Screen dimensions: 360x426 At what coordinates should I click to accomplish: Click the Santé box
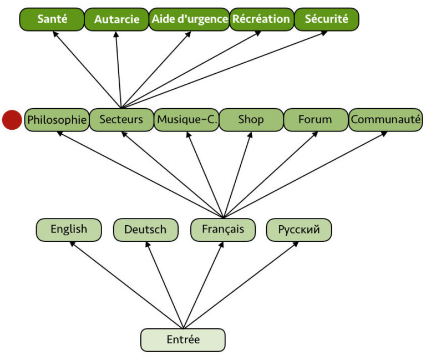click(x=52, y=19)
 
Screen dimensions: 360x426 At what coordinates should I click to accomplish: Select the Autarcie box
click(x=116, y=19)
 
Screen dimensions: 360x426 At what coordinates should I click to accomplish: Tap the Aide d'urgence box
click(x=189, y=19)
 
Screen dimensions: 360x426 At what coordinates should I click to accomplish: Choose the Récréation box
click(x=261, y=19)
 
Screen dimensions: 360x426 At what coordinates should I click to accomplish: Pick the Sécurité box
click(x=327, y=19)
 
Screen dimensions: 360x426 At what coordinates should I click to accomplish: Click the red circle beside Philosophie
click(x=12, y=120)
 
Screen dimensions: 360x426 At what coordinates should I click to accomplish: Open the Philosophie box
click(x=57, y=120)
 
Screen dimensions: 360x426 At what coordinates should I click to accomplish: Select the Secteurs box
click(x=121, y=120)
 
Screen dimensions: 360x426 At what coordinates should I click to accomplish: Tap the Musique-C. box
click(x=186, y=120)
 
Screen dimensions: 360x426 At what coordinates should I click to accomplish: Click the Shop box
click(x=251, y=120)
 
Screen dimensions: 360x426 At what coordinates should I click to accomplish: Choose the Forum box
click(x=315, y=120)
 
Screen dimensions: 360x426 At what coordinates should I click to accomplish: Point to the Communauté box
click(x=386, y=120)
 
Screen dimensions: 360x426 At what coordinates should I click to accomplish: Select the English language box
click(x=69, y=230)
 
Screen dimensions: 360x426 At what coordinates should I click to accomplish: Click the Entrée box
click(x=183, y=340)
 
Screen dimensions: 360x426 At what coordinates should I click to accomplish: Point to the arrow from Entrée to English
click(x=126, y=285)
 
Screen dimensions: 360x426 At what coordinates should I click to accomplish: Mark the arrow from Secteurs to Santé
click(x=87, y=69)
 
